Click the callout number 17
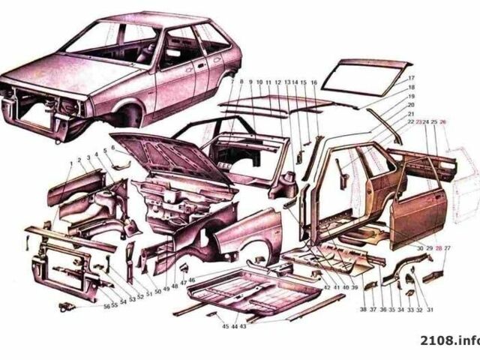[411, 79]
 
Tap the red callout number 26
[443, 121]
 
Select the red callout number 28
[438, 247]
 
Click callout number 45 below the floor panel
[225, 326]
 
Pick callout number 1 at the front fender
[71, 162]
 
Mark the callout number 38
[363, 309]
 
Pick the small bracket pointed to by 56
[65, 307]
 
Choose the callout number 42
[326, 287]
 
